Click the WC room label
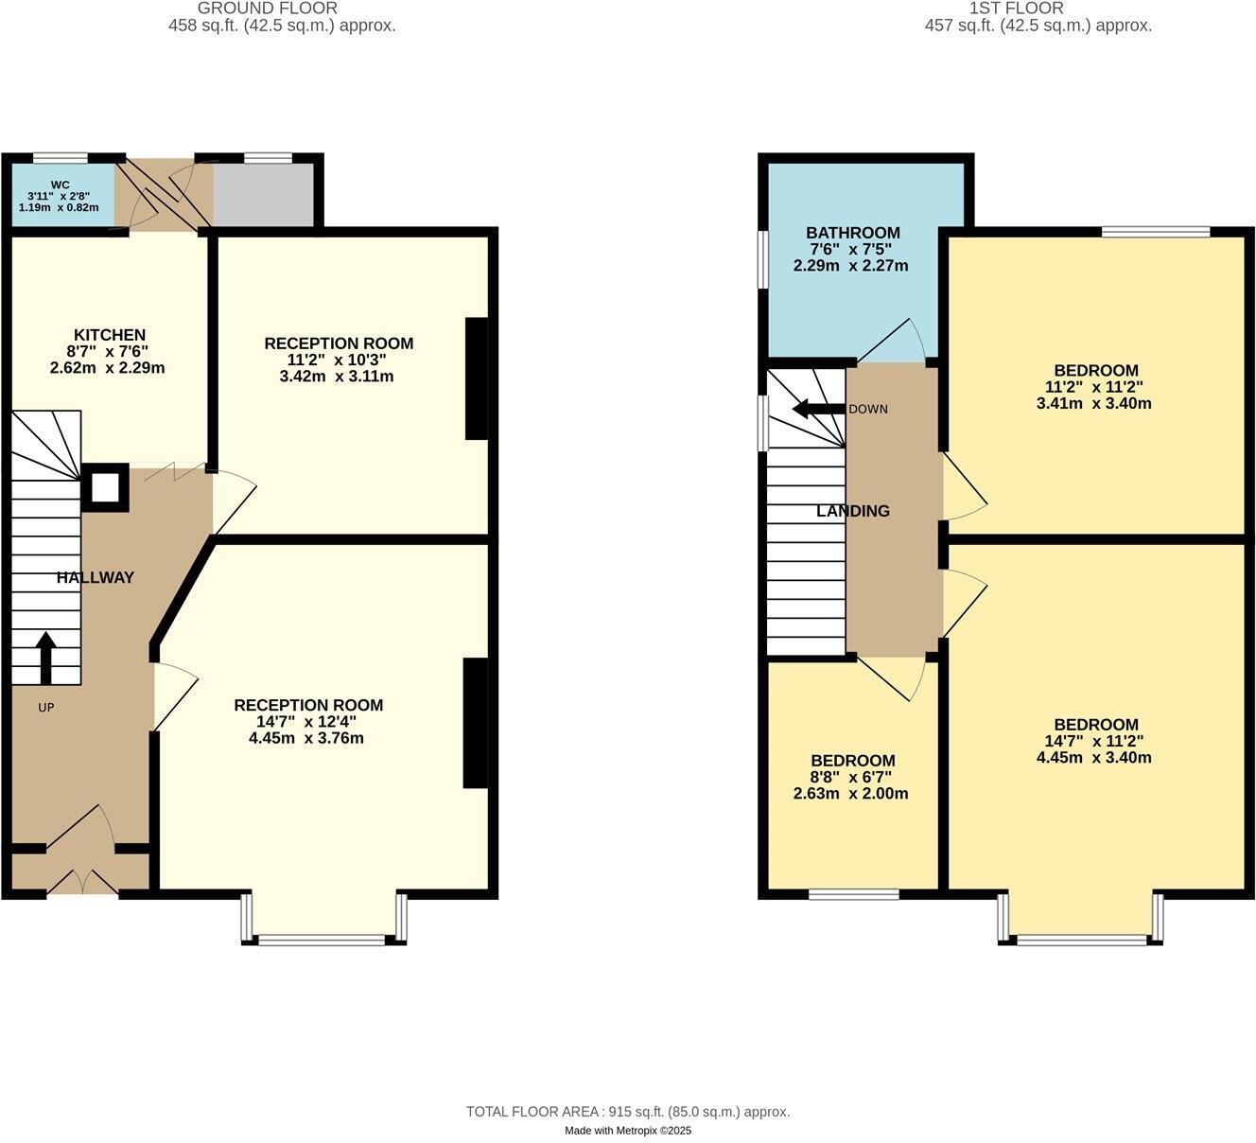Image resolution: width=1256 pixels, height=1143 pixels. (x=61, y=185)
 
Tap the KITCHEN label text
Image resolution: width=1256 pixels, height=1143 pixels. (x=110, y=335)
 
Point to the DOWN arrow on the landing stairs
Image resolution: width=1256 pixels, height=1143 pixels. (x=817, y=409)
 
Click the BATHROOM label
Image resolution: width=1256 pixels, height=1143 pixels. (x=852, y=233)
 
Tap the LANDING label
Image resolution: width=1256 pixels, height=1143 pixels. (x=853, y=511)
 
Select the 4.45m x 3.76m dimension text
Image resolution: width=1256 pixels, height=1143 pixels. (x=307, y=738)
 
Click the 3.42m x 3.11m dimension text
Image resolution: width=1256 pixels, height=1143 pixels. (x=338, y=377)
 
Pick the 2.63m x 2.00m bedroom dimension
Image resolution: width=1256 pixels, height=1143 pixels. (x=851, y=794)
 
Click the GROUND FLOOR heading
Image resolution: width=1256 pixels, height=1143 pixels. (x=268, y=9)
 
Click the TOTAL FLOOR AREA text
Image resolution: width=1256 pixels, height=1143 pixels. (x=627, y=1112)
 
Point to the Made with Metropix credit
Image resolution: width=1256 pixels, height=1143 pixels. (x=628, y=1131)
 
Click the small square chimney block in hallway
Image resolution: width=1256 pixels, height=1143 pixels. (x=105, y=487)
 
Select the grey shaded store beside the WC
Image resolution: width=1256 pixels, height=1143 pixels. (x=262, y=194)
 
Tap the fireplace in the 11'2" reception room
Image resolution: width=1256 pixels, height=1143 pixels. (x=477, y=378)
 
